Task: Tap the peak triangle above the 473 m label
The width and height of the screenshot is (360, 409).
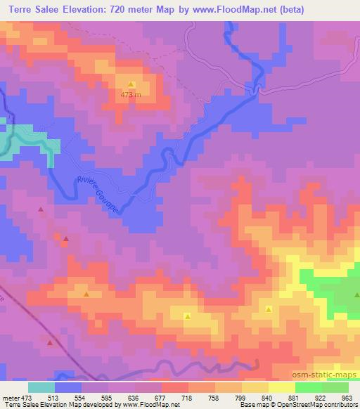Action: tap(131, 84)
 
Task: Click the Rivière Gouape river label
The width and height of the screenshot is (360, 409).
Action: tap(99, 193)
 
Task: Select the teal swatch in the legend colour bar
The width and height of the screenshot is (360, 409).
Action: tap(41, 387)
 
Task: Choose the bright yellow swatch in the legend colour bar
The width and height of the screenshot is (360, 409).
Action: tap(282, 387)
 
